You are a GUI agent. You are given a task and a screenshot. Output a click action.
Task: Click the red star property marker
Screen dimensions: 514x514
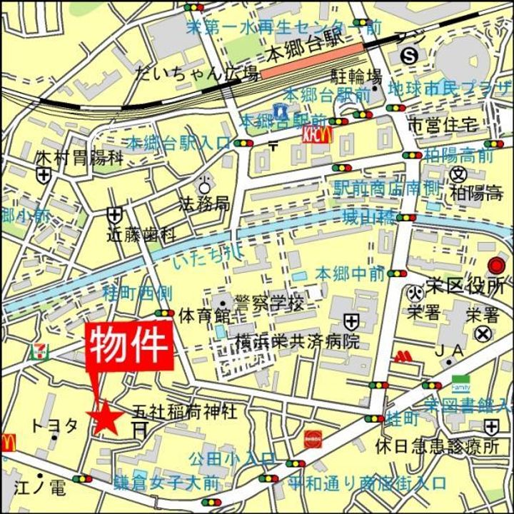tap(105, 416)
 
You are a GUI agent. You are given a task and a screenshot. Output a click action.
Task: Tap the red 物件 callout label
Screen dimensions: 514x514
tap(130, 346)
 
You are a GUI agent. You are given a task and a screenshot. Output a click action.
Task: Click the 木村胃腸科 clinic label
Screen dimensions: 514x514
tap(79, 157)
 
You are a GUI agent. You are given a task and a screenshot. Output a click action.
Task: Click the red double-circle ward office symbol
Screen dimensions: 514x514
tap(495, 267)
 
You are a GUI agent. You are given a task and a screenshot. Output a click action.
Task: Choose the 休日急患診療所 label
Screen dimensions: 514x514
tap(438, 447)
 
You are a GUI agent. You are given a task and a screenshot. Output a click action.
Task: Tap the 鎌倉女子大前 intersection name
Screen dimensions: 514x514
tap(166, 482)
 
